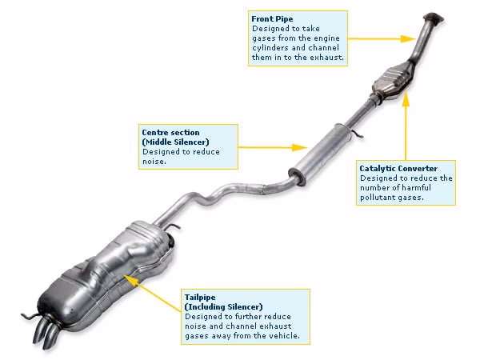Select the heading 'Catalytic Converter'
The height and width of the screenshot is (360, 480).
[398, 169]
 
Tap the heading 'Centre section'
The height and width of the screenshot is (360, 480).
[170, 131]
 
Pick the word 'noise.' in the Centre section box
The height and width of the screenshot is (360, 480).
[154, 161]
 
